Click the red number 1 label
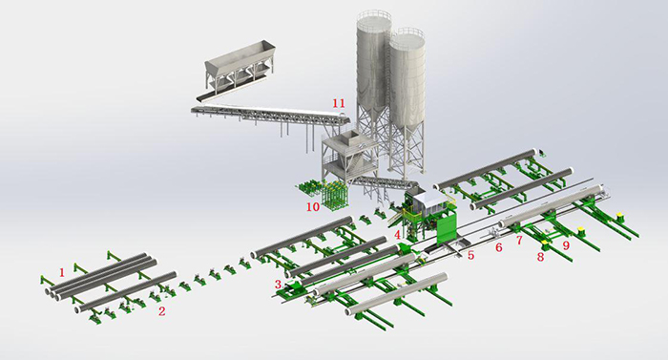[x=62, y=272]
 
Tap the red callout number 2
[x=162, y=310]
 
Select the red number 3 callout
[x=278, y=284]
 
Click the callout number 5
[x=470, y=255]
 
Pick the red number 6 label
[x=497, y=246]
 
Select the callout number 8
[x=540, y=256]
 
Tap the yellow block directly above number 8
[x=545, y=244]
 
